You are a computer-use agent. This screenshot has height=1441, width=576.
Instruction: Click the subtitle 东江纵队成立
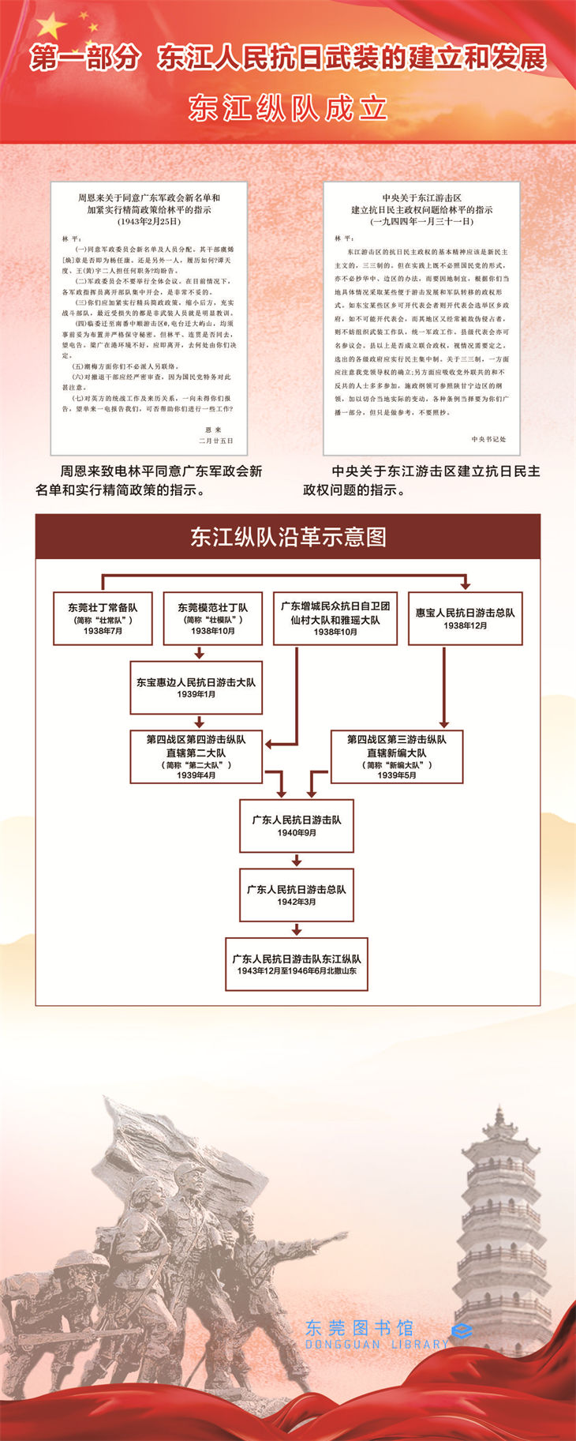click(288, 108)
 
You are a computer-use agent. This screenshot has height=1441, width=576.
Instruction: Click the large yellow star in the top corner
click(50, 27)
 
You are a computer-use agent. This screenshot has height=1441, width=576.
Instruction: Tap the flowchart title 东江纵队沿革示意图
click(288, 537)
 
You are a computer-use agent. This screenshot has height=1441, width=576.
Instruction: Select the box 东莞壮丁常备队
click(103, 618)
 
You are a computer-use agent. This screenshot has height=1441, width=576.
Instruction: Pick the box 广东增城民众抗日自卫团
click(335, 618)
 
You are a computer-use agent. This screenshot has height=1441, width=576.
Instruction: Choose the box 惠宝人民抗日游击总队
click(465, 618)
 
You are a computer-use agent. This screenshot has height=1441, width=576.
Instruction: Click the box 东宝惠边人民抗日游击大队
click(196, 687)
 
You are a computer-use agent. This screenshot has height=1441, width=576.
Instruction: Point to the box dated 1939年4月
click(196, 756)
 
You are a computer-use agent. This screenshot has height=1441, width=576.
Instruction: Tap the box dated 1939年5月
click(396, 756)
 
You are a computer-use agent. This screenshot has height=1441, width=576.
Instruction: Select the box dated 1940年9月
click(297, 825)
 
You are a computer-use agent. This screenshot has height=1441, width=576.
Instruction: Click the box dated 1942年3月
click(297, 895)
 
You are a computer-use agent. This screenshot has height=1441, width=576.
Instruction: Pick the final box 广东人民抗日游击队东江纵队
click(297, 963)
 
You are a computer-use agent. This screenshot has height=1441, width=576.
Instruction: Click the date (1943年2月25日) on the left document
click(149, 222)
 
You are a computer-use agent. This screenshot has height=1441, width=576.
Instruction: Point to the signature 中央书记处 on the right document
click(488, 439)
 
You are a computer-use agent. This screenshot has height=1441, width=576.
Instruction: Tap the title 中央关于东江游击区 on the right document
click(421, 198)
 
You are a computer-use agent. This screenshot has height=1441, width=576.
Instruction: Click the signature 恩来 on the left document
click(213, 430)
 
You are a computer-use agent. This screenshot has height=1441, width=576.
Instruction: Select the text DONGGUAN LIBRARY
click(376, 1345)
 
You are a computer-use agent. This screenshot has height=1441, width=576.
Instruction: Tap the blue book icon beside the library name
click(462, 1333)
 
